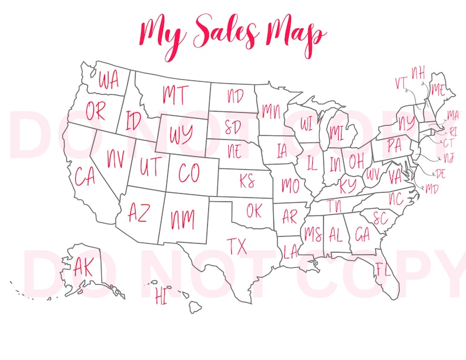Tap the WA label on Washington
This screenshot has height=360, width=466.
108,80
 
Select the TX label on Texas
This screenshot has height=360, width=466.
237,246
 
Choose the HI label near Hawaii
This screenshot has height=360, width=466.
160,296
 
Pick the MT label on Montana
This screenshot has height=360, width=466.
174,93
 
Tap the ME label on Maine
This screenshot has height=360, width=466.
437,90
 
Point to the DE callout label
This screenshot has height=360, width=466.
441,173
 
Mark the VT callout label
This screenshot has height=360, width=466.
401,83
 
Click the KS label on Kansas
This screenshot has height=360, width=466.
246,180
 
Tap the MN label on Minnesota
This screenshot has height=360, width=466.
271,110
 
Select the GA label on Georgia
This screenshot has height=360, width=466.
363,235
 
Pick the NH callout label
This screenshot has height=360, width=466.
417,72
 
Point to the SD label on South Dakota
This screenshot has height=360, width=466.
232,127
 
